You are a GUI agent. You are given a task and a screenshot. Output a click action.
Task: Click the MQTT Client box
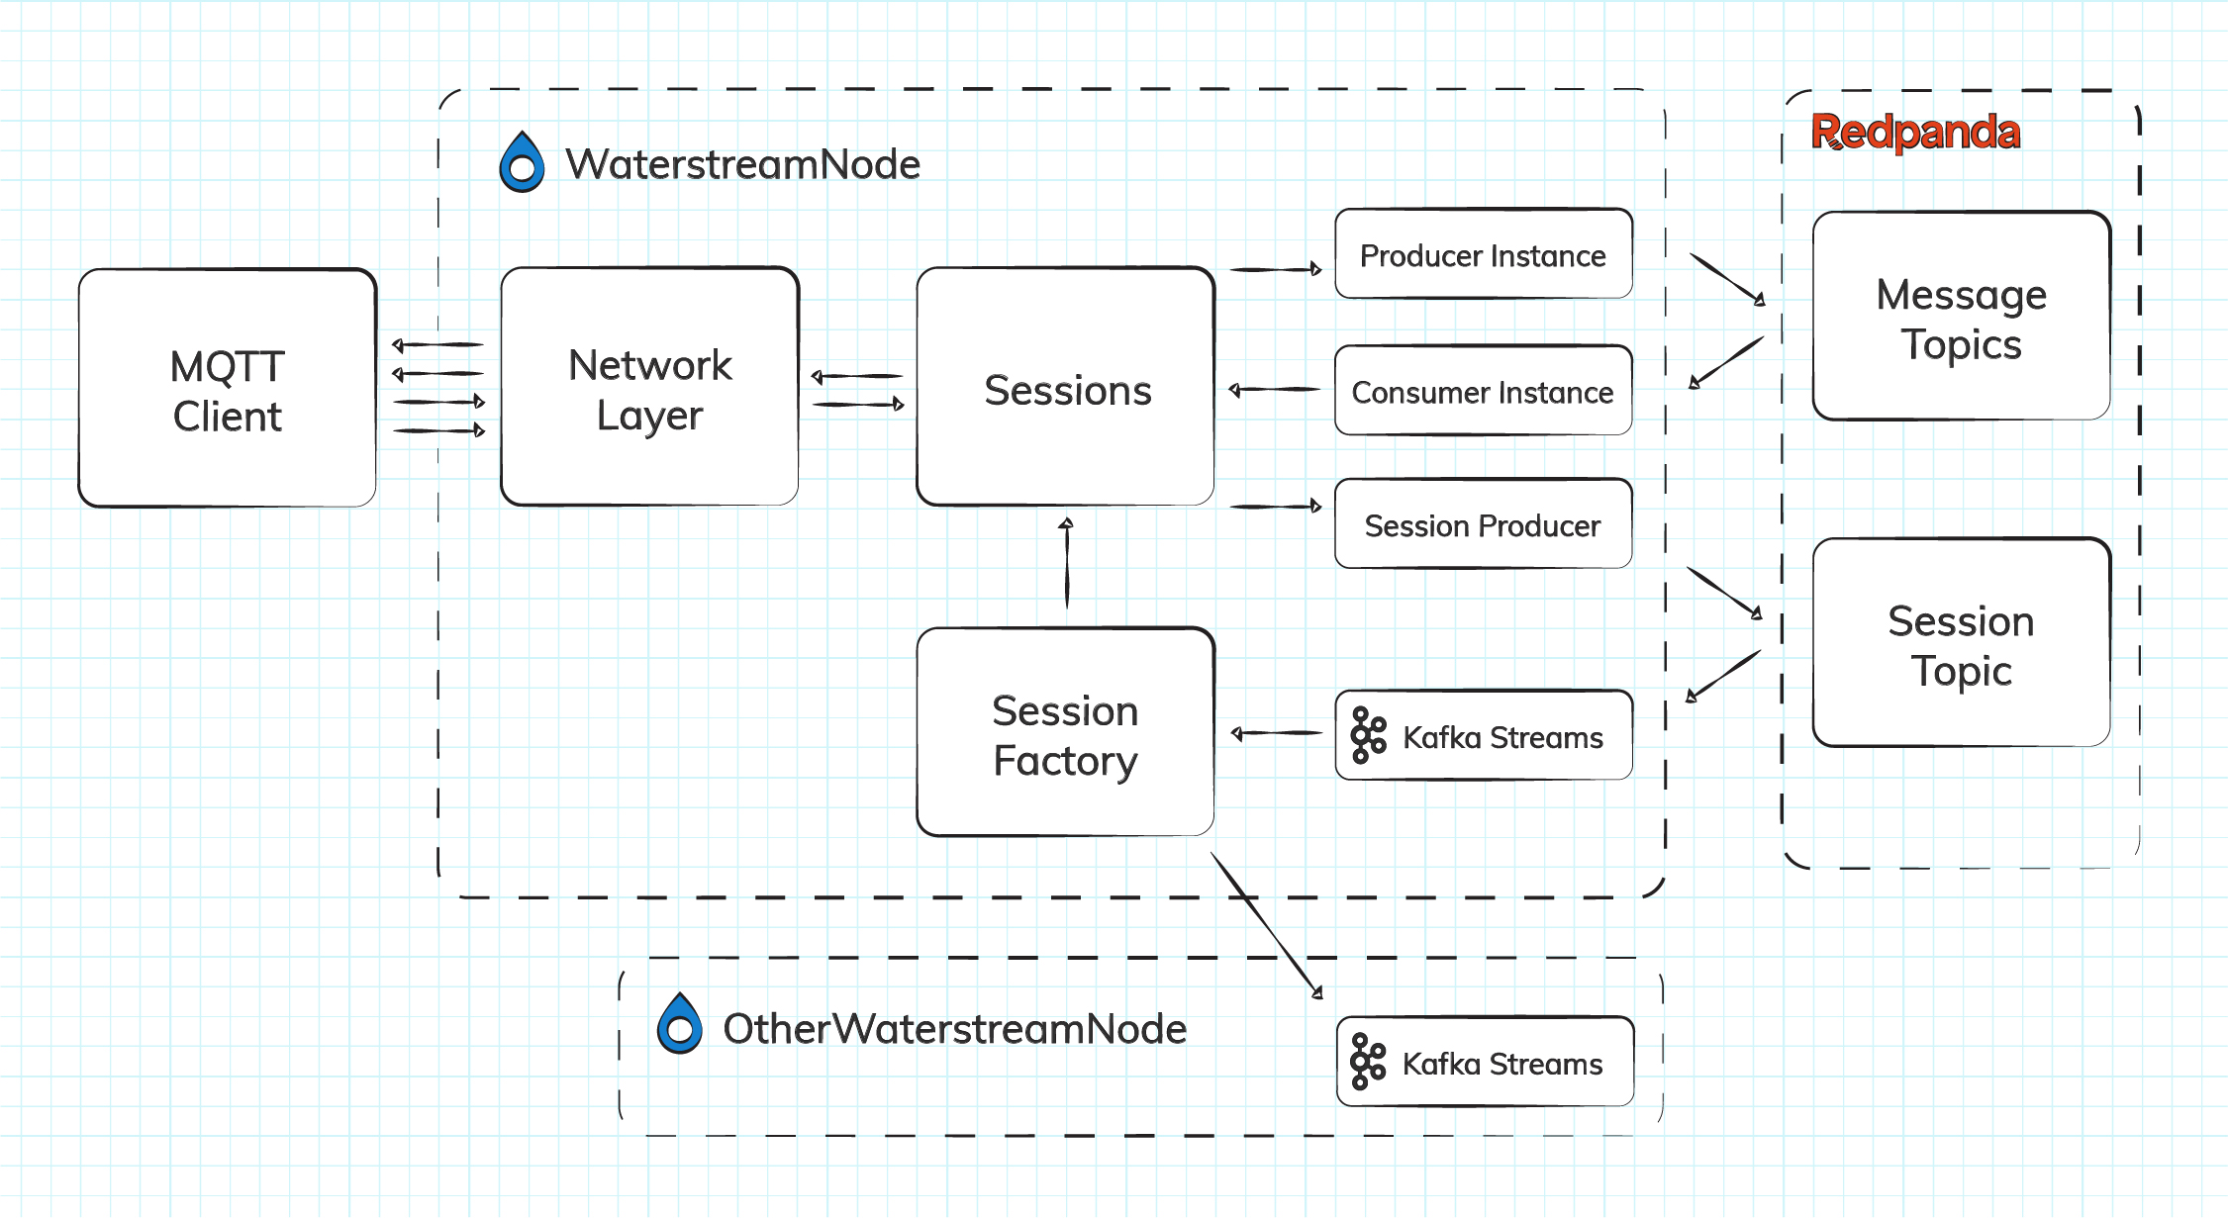(x=228, y=389)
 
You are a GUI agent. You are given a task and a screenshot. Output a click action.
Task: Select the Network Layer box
(x=649, y=388)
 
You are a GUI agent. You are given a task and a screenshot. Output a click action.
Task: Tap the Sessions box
(x=1066, y=388)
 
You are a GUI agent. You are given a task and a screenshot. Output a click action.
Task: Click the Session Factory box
(x=1066, y=733)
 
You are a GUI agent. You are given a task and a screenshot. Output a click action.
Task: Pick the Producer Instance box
(x=1483, y=254)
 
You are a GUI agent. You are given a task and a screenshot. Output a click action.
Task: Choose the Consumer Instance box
(x=1483, y=391)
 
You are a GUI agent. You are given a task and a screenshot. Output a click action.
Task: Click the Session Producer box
(x=1483, y=524)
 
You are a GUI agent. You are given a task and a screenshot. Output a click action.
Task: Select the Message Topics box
(x=1961, y=317)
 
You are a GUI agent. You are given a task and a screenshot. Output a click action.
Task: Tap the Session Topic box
(x=1961, y=643)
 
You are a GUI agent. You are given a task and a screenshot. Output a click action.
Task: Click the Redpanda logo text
(x=1915, y=132)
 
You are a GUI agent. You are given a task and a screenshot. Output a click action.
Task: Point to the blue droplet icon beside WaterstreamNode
(x=522, y=163)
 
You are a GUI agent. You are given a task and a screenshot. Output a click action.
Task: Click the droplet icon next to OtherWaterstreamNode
(x=680, y=1025)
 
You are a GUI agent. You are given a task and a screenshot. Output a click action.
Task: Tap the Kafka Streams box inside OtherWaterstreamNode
(x=1485, y=1062)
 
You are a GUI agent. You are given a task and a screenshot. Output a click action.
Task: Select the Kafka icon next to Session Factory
(x=1368, y=735)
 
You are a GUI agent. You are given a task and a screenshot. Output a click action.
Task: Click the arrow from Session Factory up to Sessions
(x=1066, y=564)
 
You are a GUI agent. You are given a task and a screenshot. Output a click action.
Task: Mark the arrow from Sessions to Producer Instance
(x=1275, y=269)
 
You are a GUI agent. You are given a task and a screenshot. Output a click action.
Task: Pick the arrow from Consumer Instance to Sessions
(x=1274, y=390)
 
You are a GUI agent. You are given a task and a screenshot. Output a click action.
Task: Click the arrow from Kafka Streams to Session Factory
(x=1276, y=733)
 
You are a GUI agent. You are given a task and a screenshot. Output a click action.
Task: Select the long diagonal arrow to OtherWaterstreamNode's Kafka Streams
(x=1267, y=924)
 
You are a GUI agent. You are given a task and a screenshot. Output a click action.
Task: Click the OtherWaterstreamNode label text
(x=954, y=1029)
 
